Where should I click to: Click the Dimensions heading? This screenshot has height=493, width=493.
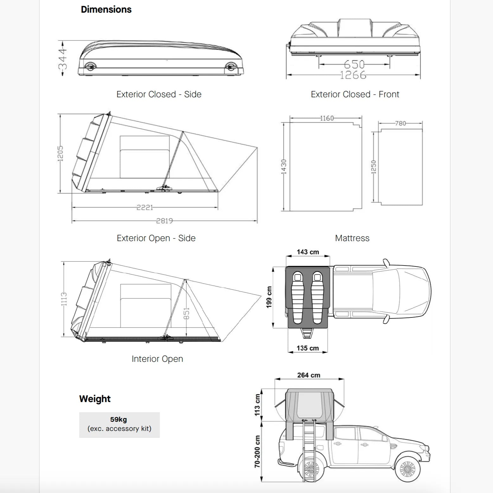(x=106, y=10)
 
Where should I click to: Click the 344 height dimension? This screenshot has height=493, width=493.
(x=63, y=58)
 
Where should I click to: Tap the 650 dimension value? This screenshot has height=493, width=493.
(x=354, y=64)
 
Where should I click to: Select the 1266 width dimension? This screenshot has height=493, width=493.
(x=353, y=75)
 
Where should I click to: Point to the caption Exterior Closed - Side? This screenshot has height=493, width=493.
(x=159, y=94)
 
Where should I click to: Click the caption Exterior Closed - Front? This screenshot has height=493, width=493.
(x=355, y=94)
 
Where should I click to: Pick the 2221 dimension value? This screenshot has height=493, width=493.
(x=145, y=208)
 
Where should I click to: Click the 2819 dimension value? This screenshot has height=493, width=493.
(x=164, y=221)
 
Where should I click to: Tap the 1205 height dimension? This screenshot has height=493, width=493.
(x=60, y=153)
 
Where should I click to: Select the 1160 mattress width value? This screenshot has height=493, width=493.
(x=327, y=118)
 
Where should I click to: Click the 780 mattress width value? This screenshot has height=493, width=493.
(x=400, y=123)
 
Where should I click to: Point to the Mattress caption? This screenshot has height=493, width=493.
(x=352, y=238)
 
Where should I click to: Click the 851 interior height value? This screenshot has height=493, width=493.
(x=186, y=313)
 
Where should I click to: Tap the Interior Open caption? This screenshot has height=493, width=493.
(x=157, y=359)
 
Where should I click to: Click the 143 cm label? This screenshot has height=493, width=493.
(x=308, y=252)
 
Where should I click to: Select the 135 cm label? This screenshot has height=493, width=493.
(x=308, y=348)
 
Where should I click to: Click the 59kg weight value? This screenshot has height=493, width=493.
(x=118, y=419)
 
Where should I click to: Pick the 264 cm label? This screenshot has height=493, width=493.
(x=309, y=375)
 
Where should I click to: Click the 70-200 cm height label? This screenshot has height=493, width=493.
(x=257, y=451)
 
